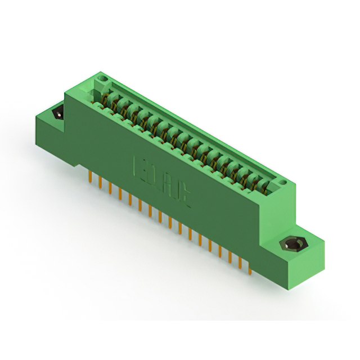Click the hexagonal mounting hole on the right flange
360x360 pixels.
click(291, 245)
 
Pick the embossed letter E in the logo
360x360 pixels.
click(144, 170)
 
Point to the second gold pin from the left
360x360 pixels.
click(100, 182)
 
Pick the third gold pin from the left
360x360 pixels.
click(110, 188)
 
